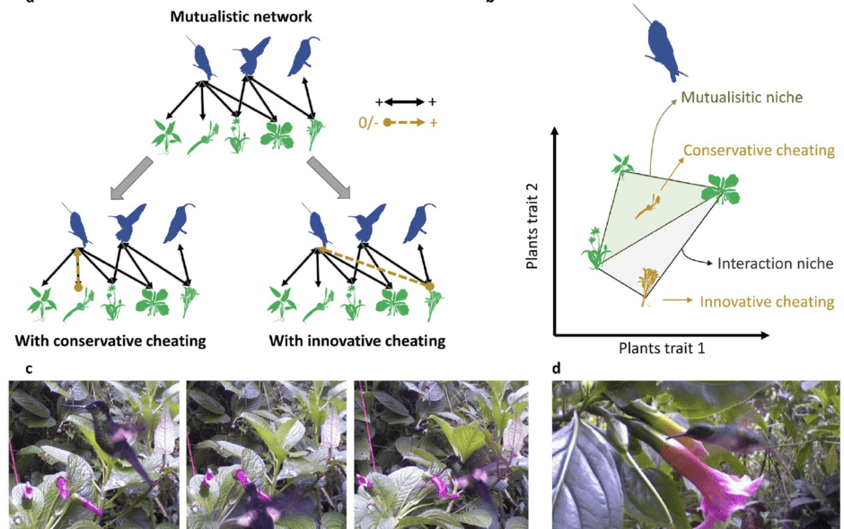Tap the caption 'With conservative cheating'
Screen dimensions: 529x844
click(110, 341)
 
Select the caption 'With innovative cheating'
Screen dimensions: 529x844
click(356, 341)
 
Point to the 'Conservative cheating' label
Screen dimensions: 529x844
click(759, 151)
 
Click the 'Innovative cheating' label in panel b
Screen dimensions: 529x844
click(766, 303)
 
